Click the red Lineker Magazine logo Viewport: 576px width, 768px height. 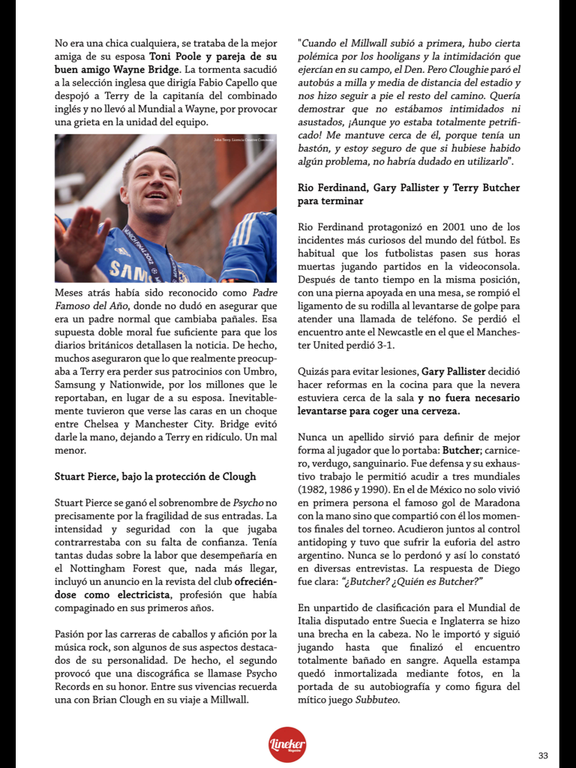(x=287, y=744)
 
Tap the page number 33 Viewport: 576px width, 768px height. (x=543, y=755)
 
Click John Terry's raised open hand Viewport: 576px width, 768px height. (x=82, y=238)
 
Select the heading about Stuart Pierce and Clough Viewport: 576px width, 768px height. (x=155, y=476)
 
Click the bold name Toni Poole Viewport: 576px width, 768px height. (x=172, y=56)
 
